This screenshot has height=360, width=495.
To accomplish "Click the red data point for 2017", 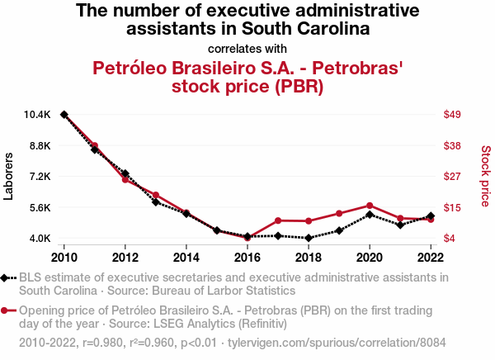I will pyautogui.click(x=278, y=220).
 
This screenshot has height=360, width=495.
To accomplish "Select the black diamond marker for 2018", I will pyautogui.click(x=309, y=238).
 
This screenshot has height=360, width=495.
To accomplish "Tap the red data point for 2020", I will pyautogui.click(x=370, y=206).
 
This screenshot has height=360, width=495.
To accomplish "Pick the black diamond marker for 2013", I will pyautogui.click(x=156, y=201).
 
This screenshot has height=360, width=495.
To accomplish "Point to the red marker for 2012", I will pyautogui.click(x=125, y=179).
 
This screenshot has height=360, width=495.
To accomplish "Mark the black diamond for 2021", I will pyautogui.click(x=400, y=225).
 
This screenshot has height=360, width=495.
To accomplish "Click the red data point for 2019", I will pyautogui.click(x=339, y=213).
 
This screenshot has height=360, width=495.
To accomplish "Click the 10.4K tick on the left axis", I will pyautogui.click(x=39, y=115).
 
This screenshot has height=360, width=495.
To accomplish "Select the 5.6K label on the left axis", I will pyautogui.click(x=39, y=207).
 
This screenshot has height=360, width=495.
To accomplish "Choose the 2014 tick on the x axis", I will pyautogui.click(x=186, y=255).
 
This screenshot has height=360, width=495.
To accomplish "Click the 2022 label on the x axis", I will pyautogui.click(x=431, y=255).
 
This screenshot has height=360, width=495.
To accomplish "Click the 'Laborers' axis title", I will pyautogui.click(x=10, y=176).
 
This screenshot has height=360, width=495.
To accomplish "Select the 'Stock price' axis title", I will pyautogui.click(x=485, y=176).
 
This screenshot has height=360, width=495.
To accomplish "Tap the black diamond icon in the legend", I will pyautogui.click(x=7, y=278).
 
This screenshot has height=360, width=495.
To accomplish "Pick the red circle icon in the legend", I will pyautogui.click(x=7, y=311).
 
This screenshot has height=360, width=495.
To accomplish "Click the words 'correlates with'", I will pyautogui.click(x=247, y=48).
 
